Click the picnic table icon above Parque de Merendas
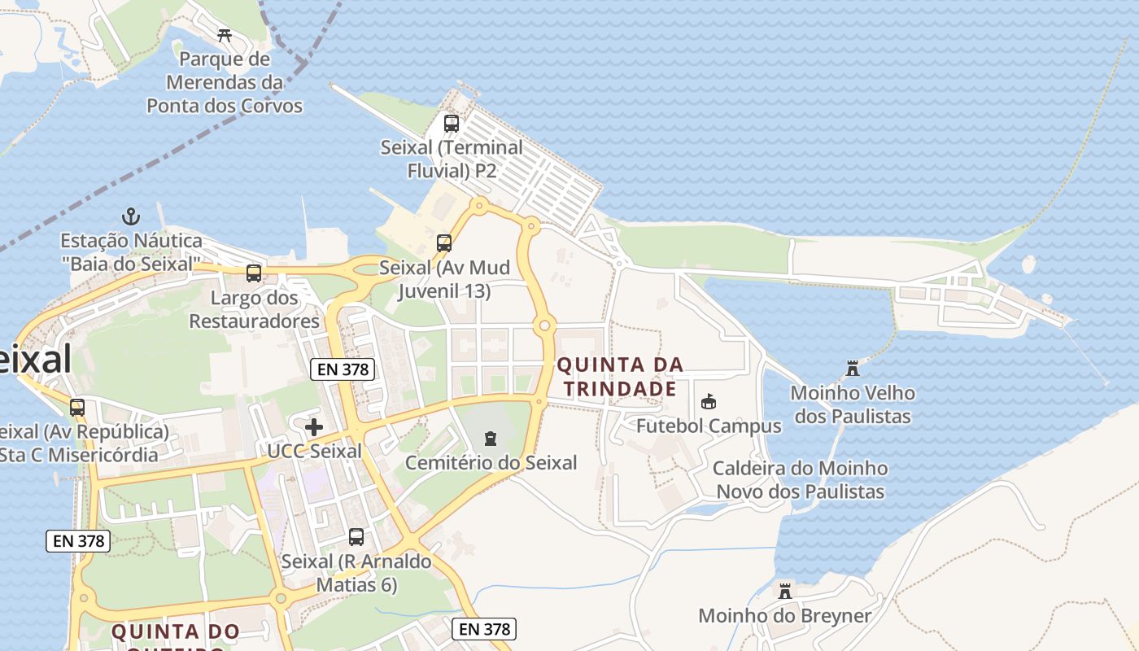coord(225,35)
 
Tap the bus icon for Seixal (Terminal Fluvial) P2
coord(451,124)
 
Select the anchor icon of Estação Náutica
coord(131,216)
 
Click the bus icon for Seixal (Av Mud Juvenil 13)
coord(444,243)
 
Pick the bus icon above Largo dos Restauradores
coord(254,273)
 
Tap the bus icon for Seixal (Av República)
coord(77,408)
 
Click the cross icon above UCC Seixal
coord(314,427)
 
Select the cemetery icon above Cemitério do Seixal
coord(490,439)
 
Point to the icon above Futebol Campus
coord(709,402)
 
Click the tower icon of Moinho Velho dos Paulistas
coord(853,369)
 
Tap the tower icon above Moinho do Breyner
coord(785,592)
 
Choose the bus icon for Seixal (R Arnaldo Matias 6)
coord(356,537)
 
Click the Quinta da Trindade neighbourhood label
coord(621,377)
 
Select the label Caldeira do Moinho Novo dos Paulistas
coord(800,480)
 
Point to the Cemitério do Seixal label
coord(491,463)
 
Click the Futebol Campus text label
coord(709,426)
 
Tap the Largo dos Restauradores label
coord(255,309)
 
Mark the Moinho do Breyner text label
coord(785,616)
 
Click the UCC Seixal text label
coord(314,451)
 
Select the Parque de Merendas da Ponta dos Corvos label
coord(225,82)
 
